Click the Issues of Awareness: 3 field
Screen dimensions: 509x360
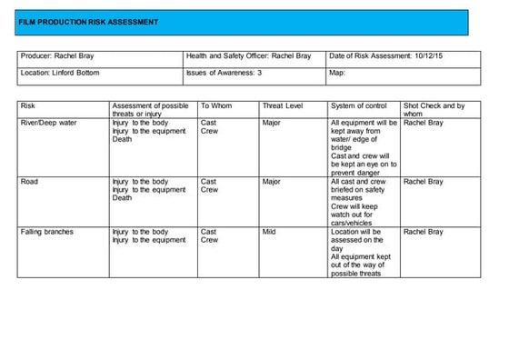click(x=224, y=73)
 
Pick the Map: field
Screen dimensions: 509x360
click(x=338, y=73)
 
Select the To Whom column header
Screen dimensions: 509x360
click(x=216, y=106)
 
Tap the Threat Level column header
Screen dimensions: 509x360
click(x=282, y=106)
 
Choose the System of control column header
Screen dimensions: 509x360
click(x=359, y=106)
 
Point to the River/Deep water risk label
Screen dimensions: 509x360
click(x=49, y=122)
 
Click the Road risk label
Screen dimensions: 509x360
click(x=29, y=182)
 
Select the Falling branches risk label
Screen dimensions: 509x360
click(x=47, y=232)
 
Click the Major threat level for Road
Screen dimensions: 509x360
click(x=271, y=182)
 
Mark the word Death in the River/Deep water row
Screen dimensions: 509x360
click(x=122, y=139)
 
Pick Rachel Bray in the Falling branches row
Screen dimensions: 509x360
click(x=424, y=232)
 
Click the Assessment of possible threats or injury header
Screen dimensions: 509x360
click(x=150, y=110)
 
